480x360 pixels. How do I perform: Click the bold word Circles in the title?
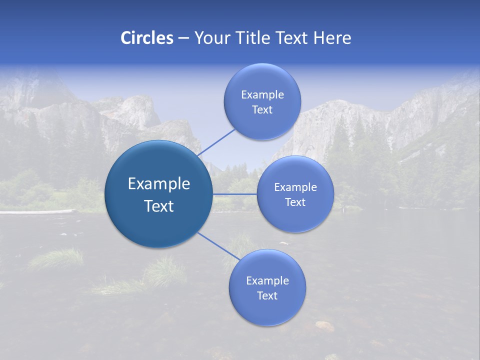coord(146,38)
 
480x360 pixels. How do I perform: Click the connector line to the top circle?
coord(216,143)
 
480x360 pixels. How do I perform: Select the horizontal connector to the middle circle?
coord(234,194)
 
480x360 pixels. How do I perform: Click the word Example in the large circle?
coord(158,184)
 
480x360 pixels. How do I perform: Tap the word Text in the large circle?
coord(158,206)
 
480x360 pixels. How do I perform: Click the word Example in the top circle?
coord(262,95)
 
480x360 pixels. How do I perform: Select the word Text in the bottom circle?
coord(267,296)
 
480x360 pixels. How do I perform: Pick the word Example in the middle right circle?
coord(295,187)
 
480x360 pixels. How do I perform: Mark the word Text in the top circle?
coord(262,110)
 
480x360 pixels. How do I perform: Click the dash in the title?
coord(183,38)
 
